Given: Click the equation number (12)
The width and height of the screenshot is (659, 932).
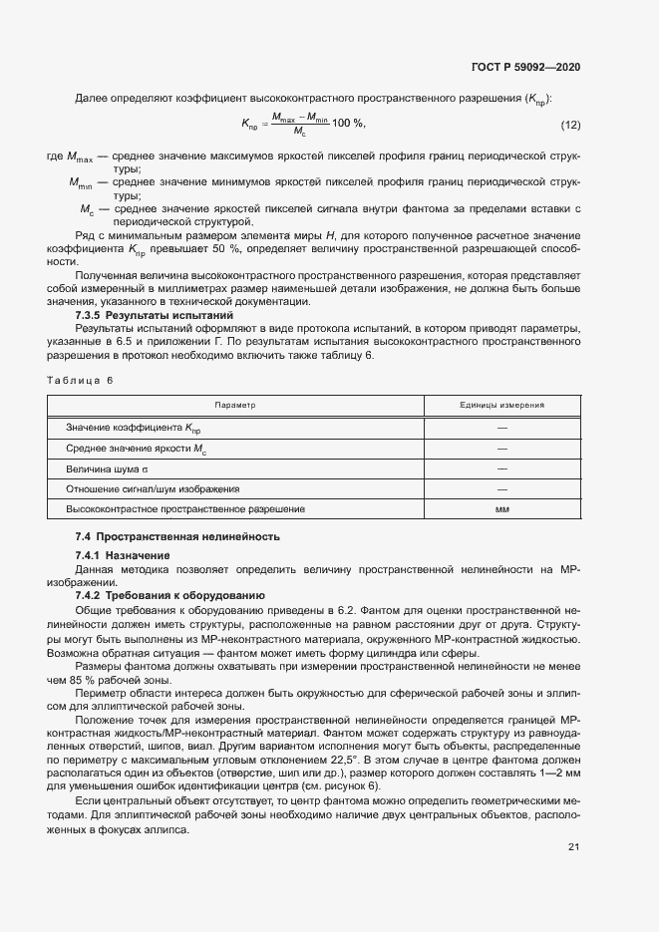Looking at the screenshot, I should [x=570, y=124].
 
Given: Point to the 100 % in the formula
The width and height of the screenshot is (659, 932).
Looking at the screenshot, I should [x=349, y=123].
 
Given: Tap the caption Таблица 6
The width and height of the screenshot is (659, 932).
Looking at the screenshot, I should [x=81, y=380].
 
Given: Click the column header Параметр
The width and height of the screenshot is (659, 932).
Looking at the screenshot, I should [x=235, y=406].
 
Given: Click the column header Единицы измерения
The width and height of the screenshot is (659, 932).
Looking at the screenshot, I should [x=501, y=406].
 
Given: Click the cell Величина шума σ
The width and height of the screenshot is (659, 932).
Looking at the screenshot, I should [x=107, y=468].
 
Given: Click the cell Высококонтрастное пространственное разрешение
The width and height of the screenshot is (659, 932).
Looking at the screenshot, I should [x=185, y=509].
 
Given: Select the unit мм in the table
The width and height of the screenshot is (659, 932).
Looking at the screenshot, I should [x=501, y=509].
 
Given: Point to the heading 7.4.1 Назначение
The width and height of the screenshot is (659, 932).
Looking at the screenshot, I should [x=123, y=555].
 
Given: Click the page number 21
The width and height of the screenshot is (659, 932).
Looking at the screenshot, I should [x=573, y=847].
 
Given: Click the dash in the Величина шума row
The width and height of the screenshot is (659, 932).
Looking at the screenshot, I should [x=501, y=468].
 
